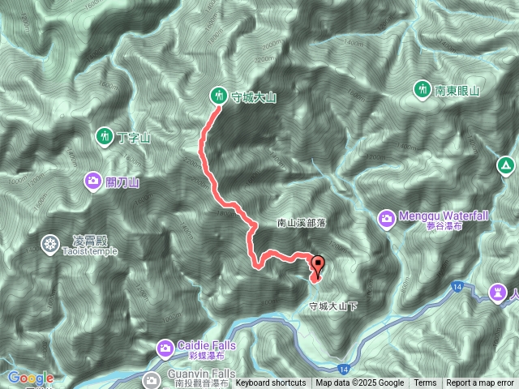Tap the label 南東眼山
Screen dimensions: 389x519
(x=457, y=90)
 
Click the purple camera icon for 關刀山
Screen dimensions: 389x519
(x=93, y=182)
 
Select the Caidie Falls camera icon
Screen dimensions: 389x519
(x=165, y=348)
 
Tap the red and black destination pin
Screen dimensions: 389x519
(x=318, y=265)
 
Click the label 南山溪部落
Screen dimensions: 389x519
(x=303, y=222)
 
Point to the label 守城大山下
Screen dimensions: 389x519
(x=332, y=306)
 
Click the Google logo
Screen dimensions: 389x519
(x=31, y=378)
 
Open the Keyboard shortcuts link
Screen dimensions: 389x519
(x=271, y=383)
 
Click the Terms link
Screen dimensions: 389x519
(x=425, y=383)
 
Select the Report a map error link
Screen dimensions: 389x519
(x=481, y=383)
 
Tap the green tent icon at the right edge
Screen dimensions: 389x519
(x=506, y=166)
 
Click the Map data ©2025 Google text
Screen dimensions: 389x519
(x=360, y=383)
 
